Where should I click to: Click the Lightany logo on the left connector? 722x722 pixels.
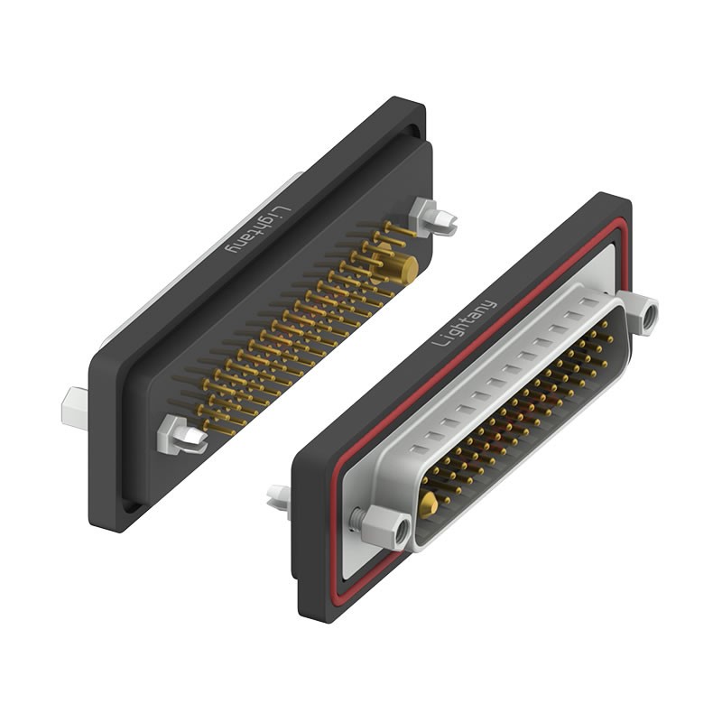(x=257, y=230)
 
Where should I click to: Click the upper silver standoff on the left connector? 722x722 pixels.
(x=430, y=217)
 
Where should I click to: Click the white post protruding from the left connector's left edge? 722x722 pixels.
(x=74, y=407)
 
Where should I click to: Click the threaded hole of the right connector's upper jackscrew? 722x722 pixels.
(x=648, y=318)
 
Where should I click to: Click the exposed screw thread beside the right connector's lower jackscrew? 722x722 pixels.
(x=359, y=518)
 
